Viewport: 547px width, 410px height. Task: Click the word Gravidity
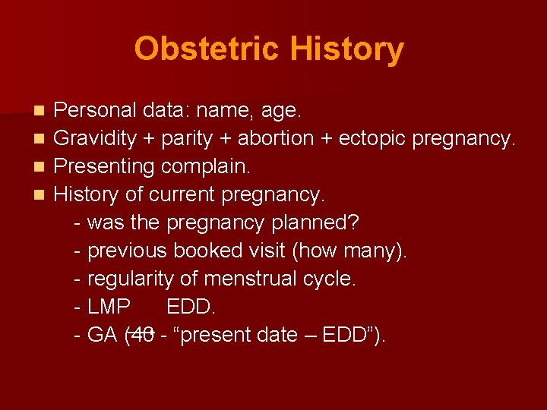point(94,139)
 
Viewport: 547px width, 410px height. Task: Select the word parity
point(177,139)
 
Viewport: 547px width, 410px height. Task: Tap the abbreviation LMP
point(109,307)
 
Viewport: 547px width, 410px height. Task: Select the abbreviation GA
point(103,335)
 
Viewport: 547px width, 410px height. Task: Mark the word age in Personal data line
point(283,112)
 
